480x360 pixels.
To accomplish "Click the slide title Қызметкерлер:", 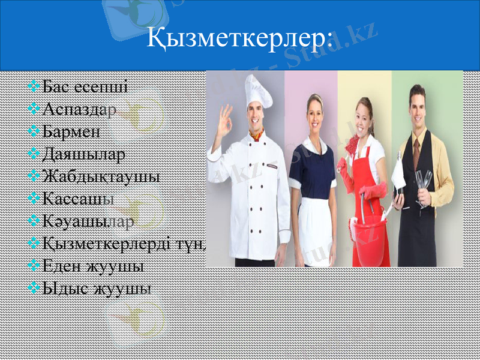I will tap(239, 39).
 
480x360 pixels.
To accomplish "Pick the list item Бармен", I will tap(71, 131).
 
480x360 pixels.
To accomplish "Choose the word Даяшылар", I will tap(84, 154).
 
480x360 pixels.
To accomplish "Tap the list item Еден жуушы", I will tap(93, 265).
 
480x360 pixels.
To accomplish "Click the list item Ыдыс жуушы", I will tap(97, 287).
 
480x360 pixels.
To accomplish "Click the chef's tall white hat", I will tap(258, 90).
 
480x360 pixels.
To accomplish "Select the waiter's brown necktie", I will tap(416, 151).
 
